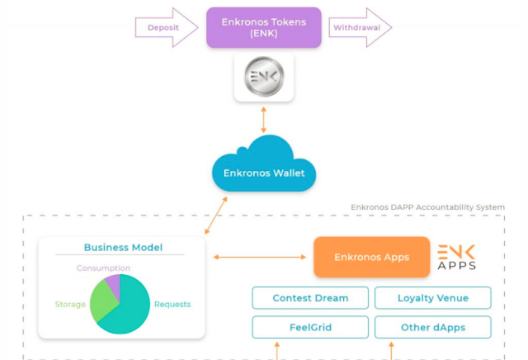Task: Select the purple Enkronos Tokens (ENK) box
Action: [x=263, y=27]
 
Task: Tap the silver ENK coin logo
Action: [x=264, y=78]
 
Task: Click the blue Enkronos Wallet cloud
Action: [x=263, y=169]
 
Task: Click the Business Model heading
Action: [x=123, y=248]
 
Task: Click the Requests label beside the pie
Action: [x=172, y=305]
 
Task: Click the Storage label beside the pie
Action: [x=70, y=305]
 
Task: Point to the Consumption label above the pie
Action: [x=103, y=268]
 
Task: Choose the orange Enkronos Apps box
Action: [x=371, y=257]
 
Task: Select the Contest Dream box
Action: [x=310, y=298]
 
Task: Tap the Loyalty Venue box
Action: [x=432, y=298]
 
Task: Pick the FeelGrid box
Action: [x=310, y=327]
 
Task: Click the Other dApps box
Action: [x=432, y=327]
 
